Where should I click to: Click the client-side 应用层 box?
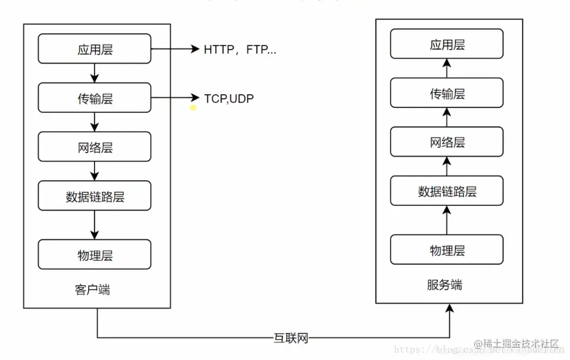pos(95,49)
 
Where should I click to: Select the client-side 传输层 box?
pos(95,98)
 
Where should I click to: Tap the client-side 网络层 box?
pos(95,147)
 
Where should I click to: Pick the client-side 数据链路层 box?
pos(95,196)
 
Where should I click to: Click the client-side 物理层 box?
pos(95,254)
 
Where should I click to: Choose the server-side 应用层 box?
pos(447,44)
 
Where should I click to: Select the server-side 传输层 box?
pos(447,93)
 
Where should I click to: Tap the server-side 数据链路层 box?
pos(447,190)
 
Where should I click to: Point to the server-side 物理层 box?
pos(447,249)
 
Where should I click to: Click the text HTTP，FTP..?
pos(240,50)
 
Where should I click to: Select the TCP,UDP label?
pos(229,98)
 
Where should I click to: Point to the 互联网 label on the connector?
pos(290,338)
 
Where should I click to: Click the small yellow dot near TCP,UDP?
pos(193,108)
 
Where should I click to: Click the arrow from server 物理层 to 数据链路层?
pos(447,220)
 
